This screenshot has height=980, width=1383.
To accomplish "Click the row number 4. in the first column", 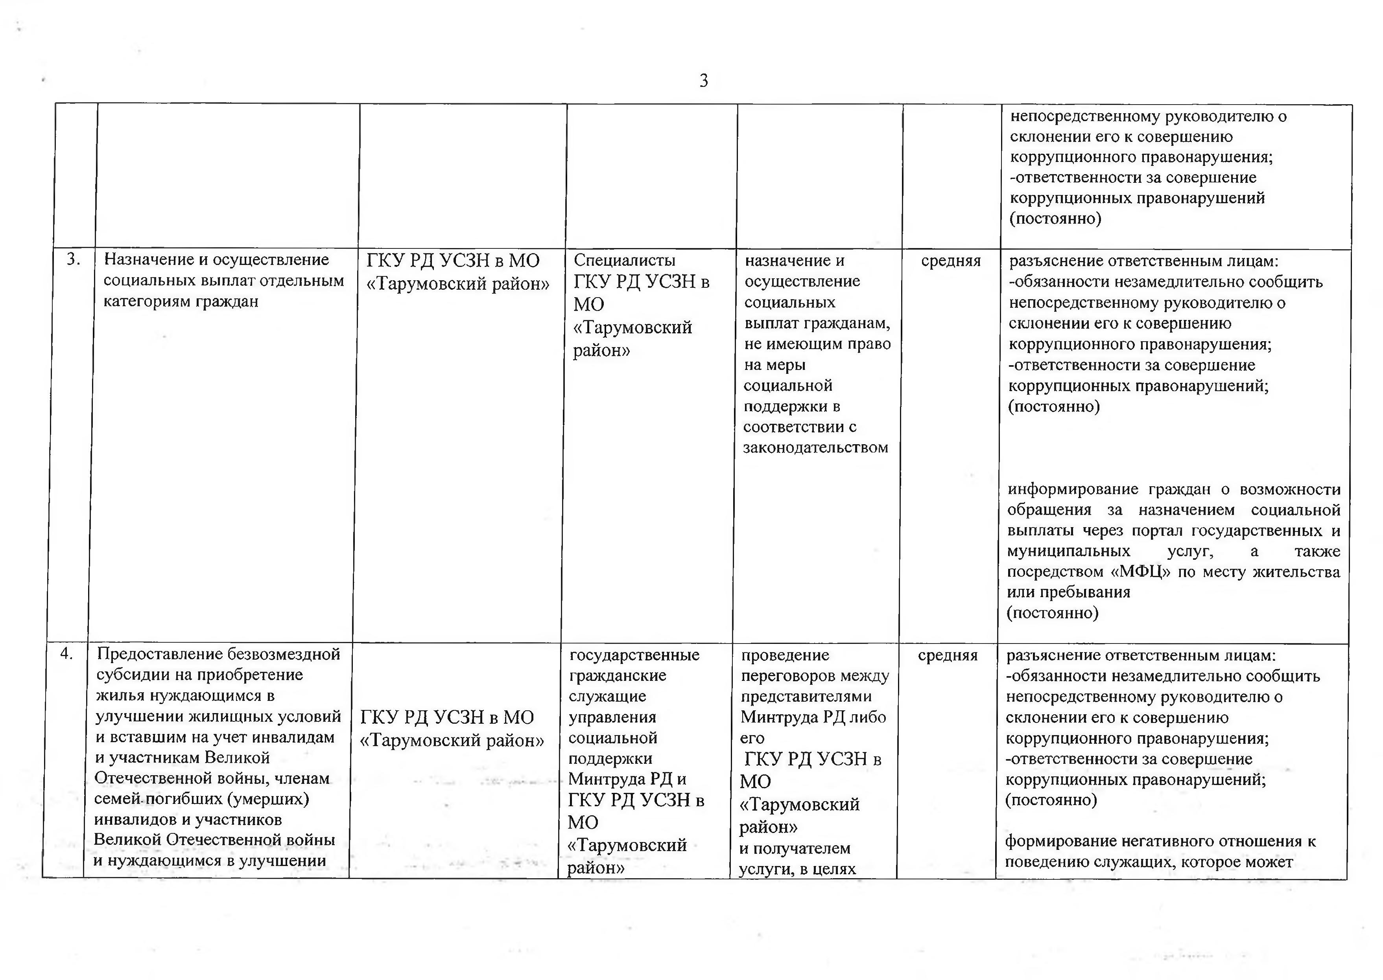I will (66, 654).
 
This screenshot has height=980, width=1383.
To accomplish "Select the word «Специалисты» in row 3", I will (624, 260).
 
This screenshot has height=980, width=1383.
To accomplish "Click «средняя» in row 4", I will (947, 655).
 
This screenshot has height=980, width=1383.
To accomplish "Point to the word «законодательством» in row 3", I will (815, 448).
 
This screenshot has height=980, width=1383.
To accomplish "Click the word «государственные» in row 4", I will (634, 655).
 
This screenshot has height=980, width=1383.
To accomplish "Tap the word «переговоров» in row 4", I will (789, 676).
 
